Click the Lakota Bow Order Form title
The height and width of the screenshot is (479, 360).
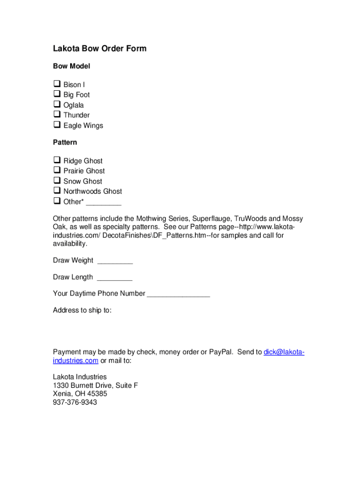(100, 49)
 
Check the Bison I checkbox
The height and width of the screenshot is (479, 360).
(57, 84)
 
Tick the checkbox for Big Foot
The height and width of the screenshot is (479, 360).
(57, 94)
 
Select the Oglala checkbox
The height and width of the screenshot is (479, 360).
(57, 105)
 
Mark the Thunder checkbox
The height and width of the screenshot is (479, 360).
(57, 115)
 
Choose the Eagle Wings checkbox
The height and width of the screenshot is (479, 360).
(57, 125)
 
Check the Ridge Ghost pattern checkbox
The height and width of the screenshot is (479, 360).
(57, 160)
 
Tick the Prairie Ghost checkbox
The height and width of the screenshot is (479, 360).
(57, 171)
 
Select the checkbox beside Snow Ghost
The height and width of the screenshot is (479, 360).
(57, 181)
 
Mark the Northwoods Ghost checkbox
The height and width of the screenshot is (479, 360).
(57, 191)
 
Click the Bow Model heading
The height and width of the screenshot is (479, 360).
(72, 66)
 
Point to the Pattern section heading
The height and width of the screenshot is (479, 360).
(65, 142)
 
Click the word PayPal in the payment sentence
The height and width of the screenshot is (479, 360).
(221, 352)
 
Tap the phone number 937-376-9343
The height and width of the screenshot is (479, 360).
(75, 402)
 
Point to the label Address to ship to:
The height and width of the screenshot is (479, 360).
(82, 310)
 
